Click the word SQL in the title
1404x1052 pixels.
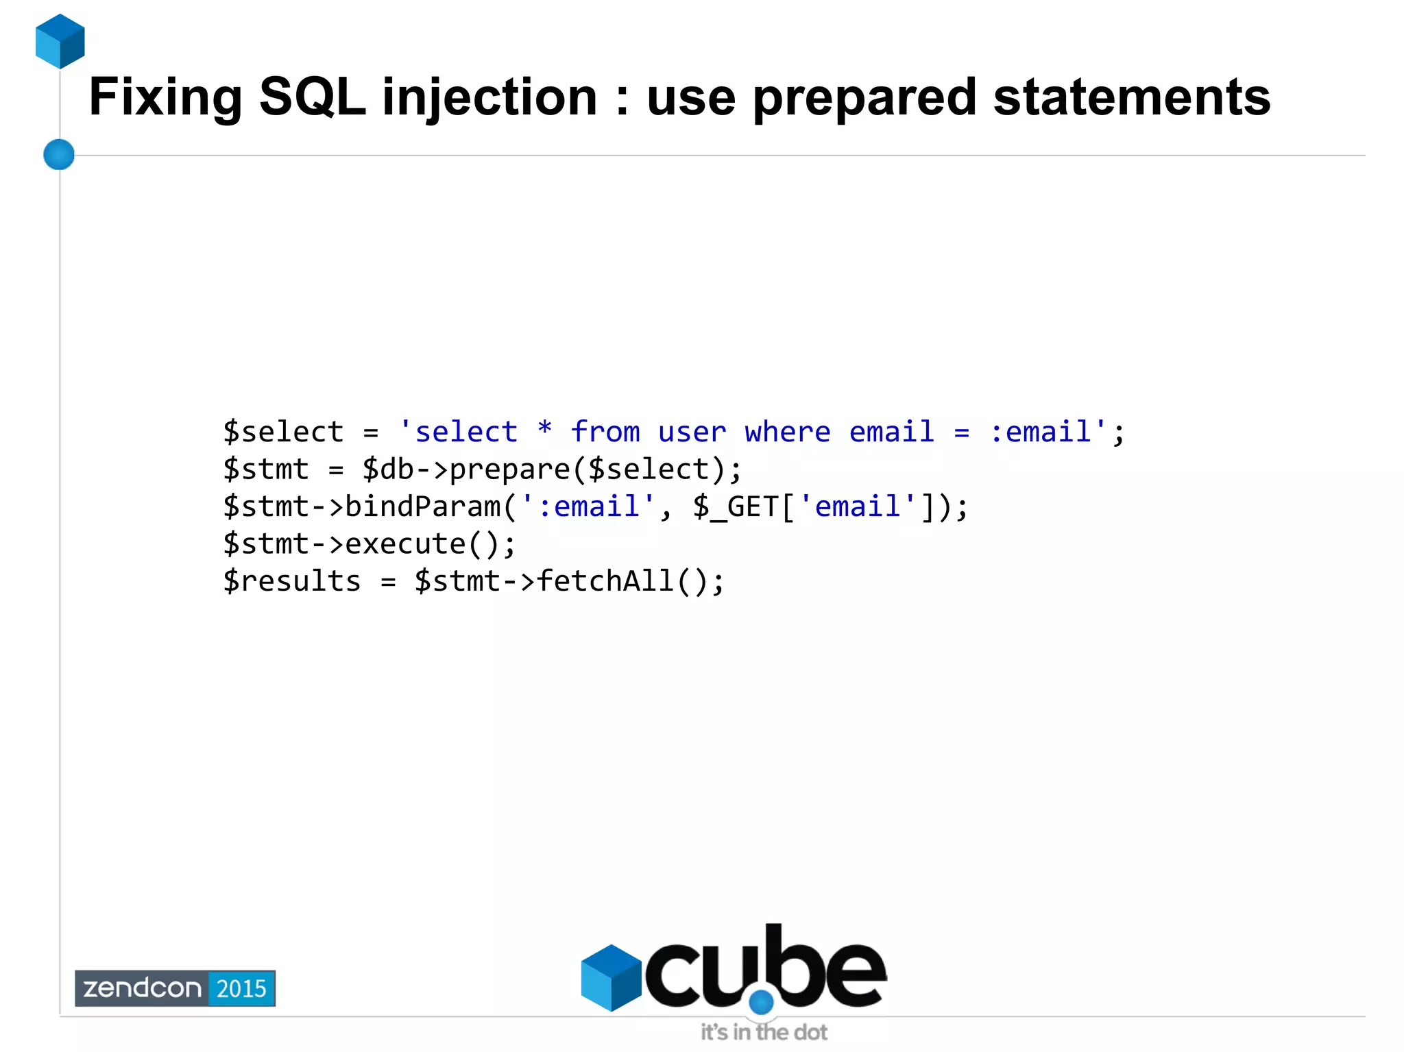point(312,97)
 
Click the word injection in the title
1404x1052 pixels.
point(489,97)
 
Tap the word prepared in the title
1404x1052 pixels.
point(864,97)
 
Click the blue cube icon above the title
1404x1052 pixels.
point(60,41)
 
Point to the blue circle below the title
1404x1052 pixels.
point(59,154)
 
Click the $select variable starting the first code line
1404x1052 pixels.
point(283,432)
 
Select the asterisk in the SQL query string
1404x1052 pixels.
point(544,430)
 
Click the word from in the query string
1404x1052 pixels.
point(605,432)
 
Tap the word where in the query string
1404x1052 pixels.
point(788,432)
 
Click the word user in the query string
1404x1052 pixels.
point(692,432)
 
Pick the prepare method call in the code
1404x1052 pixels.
point(509,469)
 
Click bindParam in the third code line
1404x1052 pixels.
point(422,506)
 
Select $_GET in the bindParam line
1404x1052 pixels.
point(735,506)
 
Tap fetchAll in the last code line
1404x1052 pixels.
point(605,581)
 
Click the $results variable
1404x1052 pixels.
point(292,581)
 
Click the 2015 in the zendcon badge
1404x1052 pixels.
point(241,988)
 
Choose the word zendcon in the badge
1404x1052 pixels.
point(142,988)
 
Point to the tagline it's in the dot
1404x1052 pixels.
point(764,1031)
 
